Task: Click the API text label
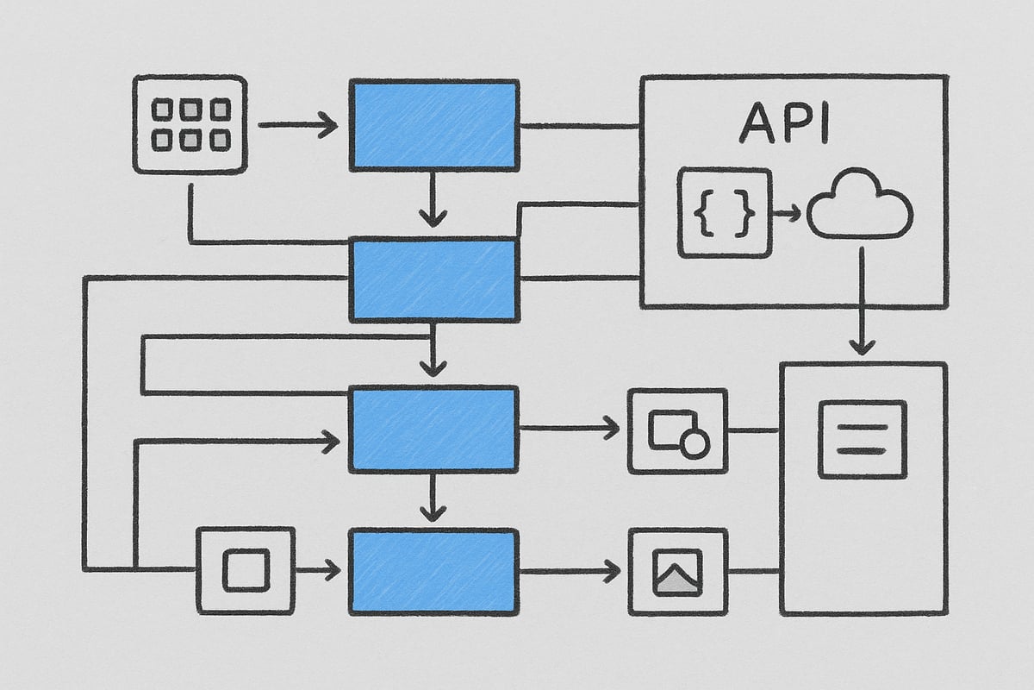(783, 124)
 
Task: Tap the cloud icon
(859, 206)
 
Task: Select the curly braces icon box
(725, 212)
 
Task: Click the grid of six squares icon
(190, 124)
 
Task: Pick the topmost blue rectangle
(433, 124)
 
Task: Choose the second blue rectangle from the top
(433, 280)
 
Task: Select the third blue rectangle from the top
(433, 429)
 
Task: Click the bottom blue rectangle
(433, 571)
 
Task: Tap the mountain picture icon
(678, 571)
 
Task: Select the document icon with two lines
(863, 439)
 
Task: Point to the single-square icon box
(246, 570)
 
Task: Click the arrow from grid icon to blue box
(297, 126)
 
